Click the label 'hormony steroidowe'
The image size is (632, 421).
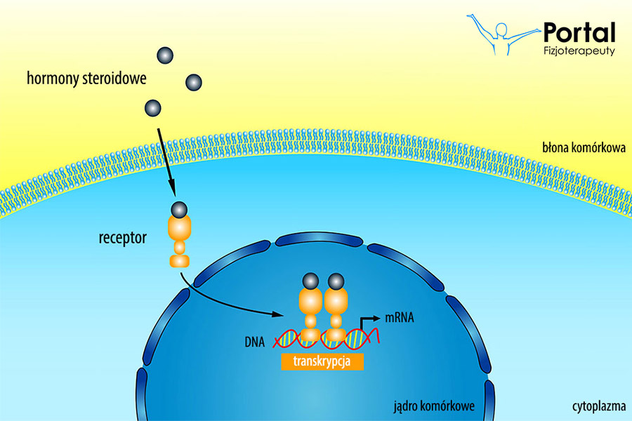(x=86, y=79)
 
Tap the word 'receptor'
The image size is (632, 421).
(x=122, y=237)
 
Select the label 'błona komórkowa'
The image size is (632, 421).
(x=583, y=149)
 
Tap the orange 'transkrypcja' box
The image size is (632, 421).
(x=324, y=361)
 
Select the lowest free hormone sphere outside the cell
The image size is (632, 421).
(x=152, y=108)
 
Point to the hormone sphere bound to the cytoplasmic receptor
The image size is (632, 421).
(x=180, y=209)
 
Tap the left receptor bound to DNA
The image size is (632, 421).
(x=310, y=309)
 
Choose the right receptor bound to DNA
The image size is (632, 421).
(x=336, y=309)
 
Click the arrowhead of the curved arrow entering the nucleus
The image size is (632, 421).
(x=284, y=314)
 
